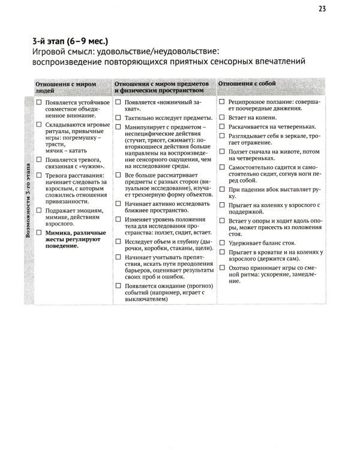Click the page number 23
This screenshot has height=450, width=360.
[322, 8]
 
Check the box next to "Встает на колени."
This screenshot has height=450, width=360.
[222, 118]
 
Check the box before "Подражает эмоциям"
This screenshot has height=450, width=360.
[39, 212]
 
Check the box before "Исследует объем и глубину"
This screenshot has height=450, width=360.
[119, 241]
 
